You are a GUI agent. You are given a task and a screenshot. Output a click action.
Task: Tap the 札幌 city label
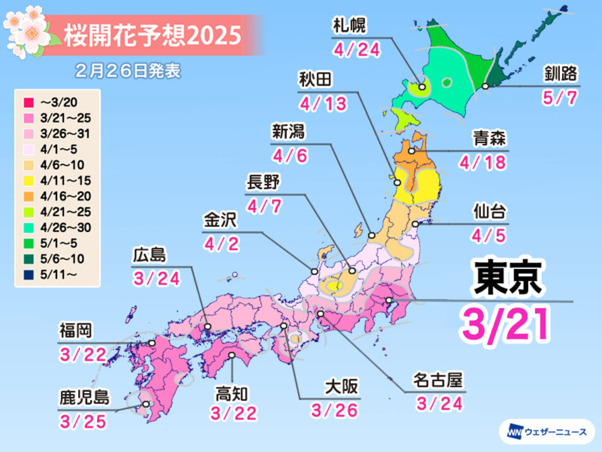click(350, 27)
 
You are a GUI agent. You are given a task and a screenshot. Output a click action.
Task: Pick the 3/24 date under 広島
click(155, 279)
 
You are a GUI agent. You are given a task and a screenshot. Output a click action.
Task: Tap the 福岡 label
click(76, 331)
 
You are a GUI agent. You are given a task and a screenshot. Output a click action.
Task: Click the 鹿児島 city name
click(84, 398)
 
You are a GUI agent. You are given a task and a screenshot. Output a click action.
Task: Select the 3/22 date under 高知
click(234, 413)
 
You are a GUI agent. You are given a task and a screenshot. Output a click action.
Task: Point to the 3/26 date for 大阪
click(335, 410)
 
